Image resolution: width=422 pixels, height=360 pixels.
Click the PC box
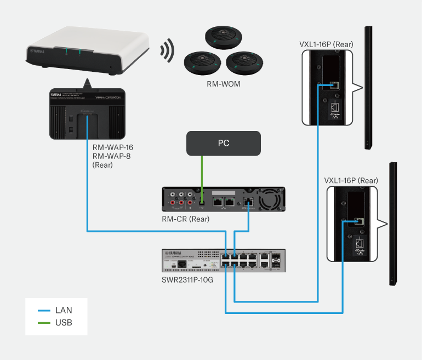[x=223, y=144]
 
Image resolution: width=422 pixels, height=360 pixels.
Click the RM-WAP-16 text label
[x=112, y=147]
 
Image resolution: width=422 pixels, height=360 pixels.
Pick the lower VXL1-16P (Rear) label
[x=351, y=180]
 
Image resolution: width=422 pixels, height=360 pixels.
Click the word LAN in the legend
[x=64, y=310]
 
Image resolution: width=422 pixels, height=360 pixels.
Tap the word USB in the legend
[x=64, y=323]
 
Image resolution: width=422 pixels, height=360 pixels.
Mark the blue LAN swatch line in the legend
[x=44, y=310]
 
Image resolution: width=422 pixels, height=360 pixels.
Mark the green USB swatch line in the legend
[x=44, y=323]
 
